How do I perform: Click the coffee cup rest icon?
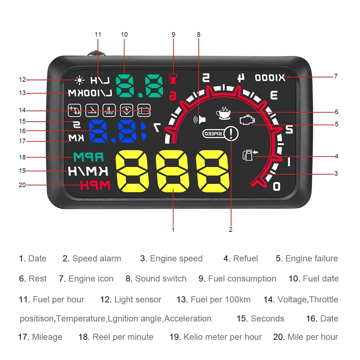(223, 112)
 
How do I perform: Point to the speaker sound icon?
(200, 119)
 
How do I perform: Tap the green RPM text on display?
(88, 157)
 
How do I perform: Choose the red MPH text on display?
(95, 185)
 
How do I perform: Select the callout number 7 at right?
(336, 76)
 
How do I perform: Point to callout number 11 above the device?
(98, 35)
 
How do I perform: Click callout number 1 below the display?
(173, 229)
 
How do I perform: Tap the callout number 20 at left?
(22, 185)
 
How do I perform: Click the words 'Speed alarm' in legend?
(96, 258)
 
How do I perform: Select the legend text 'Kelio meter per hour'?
(222, 337)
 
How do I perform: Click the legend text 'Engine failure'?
(311, 258)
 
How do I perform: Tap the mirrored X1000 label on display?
(270, 77)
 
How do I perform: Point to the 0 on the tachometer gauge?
(276, 186)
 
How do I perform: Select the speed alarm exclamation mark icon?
(231, 134)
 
